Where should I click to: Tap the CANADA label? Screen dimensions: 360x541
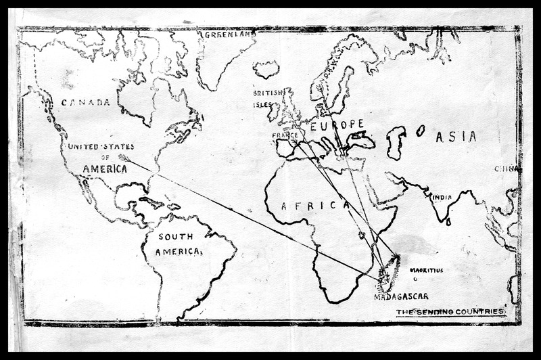(85, 102)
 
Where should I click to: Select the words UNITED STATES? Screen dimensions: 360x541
(101, 147)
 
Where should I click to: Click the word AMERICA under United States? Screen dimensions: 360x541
(105, 168)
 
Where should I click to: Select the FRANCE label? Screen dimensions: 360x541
(285, 135)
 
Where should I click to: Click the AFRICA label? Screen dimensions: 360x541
(304, 206)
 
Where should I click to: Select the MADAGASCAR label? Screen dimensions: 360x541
(400, 296)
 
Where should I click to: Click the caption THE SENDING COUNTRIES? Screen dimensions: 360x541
(450, 312)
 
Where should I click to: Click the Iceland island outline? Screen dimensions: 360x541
(266, 69)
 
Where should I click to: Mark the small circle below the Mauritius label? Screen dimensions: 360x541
(415, 278)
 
